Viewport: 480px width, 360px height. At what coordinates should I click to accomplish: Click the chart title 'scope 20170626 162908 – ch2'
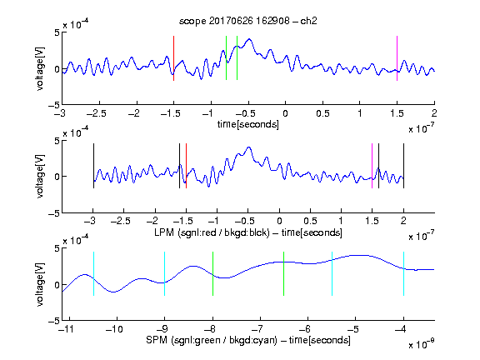click(x=248, y=21)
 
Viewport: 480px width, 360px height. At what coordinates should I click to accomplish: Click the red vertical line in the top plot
click(x=173, y=58)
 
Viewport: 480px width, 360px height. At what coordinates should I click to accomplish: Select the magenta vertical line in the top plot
click(x=397, y=58)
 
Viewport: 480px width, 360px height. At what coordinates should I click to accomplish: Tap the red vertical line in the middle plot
click(x=186, y=166)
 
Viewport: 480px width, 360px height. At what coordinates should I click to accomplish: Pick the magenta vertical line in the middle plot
click(x=372, y=166)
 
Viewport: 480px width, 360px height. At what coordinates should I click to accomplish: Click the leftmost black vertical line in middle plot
click(x=93, y=166)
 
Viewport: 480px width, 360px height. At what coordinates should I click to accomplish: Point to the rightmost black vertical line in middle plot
click(x=403, y=166)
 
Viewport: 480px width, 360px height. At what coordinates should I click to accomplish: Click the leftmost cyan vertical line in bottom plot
click(x=93, y=273)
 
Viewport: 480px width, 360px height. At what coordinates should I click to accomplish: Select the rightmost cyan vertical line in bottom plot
click(x=403, y=273)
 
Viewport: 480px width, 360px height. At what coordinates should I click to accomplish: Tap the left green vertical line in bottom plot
click(x=212, y=273)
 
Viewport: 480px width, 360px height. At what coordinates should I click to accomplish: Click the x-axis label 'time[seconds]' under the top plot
click(x=248, y=124)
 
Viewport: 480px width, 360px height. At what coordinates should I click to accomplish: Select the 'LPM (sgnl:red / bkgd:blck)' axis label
click(x=212, y=232)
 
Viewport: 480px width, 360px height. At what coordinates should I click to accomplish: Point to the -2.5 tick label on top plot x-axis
click(x=97, y=113)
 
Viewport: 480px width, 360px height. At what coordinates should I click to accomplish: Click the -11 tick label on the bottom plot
click(x=67, y=329)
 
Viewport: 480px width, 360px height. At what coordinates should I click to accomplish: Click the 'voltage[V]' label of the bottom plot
click(x=40, y=284)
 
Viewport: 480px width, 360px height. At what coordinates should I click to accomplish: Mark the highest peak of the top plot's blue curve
click(x=249, y=39)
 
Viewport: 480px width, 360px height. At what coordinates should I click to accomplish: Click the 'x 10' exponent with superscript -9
click(x=422, y=343)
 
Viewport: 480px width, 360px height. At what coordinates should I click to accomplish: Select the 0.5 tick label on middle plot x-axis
click(x=310, y=221)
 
